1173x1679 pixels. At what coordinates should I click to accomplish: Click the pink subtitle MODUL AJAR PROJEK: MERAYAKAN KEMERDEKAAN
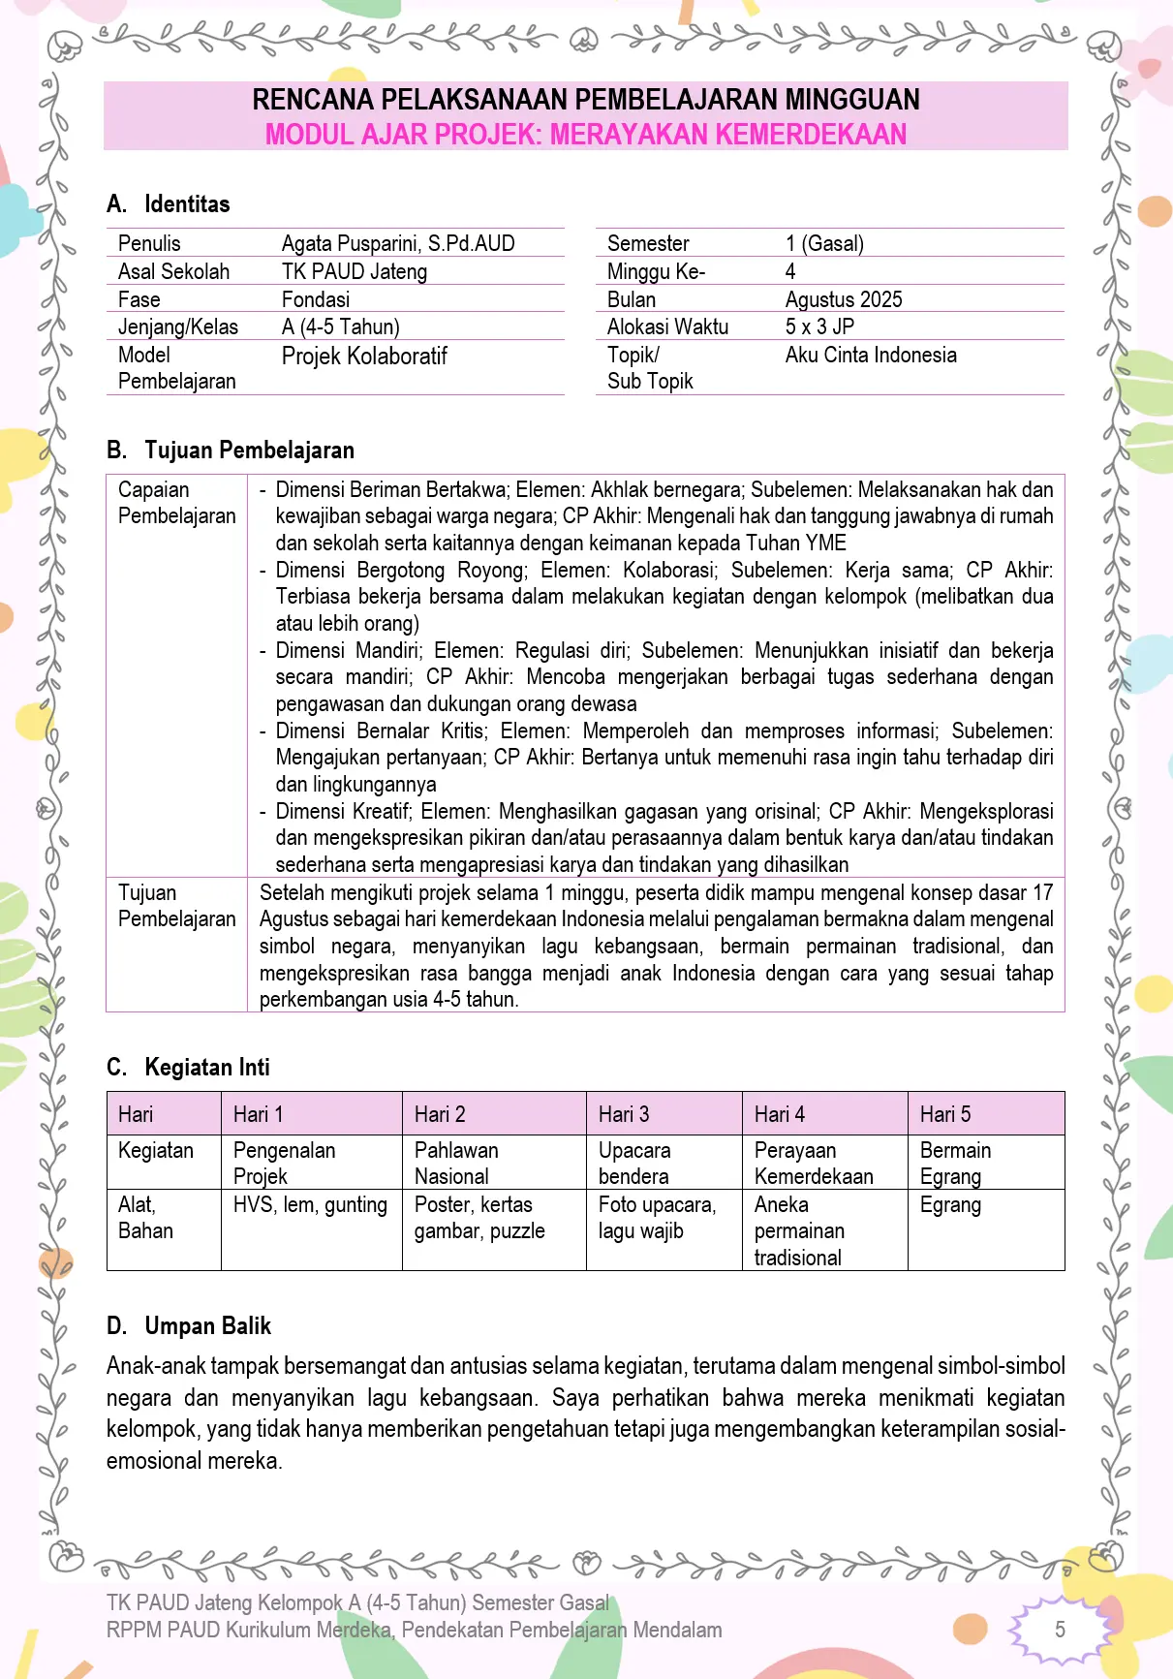(585, 134)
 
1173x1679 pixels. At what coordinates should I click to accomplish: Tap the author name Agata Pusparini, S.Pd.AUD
(397, 243)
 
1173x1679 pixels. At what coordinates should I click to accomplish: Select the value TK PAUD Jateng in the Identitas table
(354, 271)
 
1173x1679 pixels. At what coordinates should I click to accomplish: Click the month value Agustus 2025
(843, 299)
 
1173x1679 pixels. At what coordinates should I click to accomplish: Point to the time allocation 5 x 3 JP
(819, 326)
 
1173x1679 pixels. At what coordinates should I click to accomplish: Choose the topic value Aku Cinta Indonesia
(870, 355)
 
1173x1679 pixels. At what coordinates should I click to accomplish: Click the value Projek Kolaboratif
(364, 356)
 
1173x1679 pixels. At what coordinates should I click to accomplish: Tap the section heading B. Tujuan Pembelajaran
(231, 450)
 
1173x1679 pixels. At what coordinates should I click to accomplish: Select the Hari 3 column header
(624, 1114)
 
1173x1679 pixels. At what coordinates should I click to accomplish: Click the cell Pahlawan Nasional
(455, 1163)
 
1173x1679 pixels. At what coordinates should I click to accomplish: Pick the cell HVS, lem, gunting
(310, 1204)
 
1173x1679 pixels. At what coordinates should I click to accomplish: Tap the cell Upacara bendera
(634, 1163)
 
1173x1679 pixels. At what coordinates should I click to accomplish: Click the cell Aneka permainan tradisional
(799, 1230)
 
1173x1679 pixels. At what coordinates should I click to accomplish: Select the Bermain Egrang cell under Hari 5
(955, 1163)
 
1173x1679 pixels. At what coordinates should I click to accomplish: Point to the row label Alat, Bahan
(145, 1217)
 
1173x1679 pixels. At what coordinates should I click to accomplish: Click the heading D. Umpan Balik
(189, 1325)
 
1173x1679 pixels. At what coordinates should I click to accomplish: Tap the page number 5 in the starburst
(1060, 1630)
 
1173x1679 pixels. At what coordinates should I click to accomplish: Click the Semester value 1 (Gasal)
(824, 243)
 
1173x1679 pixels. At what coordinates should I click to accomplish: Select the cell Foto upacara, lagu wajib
(657, 1217)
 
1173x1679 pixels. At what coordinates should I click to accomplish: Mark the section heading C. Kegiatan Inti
(188, 1067)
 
